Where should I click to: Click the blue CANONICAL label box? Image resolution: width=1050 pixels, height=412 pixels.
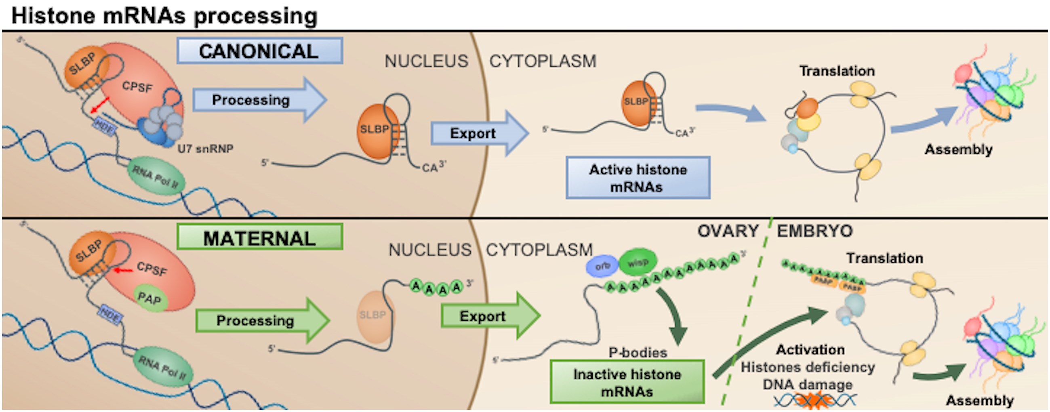point(260,51)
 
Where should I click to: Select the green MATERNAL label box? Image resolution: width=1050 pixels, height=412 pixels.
point(260,237)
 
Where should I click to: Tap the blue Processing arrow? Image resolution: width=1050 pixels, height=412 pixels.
point(257,100)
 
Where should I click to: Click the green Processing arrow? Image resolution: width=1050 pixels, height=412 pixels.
point(261,320)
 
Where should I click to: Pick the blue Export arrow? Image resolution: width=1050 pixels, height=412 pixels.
point(477,133)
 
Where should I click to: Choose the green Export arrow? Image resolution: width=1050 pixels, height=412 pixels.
point(487,316)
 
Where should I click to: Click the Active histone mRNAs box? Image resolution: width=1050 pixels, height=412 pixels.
point(638,178)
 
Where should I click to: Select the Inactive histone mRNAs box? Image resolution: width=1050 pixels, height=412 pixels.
point(627,382)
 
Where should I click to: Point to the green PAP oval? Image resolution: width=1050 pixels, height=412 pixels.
point(150,298)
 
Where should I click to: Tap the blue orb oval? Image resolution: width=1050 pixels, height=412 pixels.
point(602,267)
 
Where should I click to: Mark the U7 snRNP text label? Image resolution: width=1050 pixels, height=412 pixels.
point(205,149)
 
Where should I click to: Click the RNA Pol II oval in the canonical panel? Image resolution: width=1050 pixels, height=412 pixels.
point(156,176)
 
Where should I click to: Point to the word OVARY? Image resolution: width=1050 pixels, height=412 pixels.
point(728,231)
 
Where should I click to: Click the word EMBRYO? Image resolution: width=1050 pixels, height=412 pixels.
point(814,231)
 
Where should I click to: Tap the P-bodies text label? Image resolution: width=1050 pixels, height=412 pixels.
point(638,352)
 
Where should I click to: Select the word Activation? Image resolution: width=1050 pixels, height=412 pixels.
point(810,350)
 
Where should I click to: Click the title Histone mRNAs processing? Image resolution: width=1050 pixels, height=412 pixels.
point(164,16)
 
